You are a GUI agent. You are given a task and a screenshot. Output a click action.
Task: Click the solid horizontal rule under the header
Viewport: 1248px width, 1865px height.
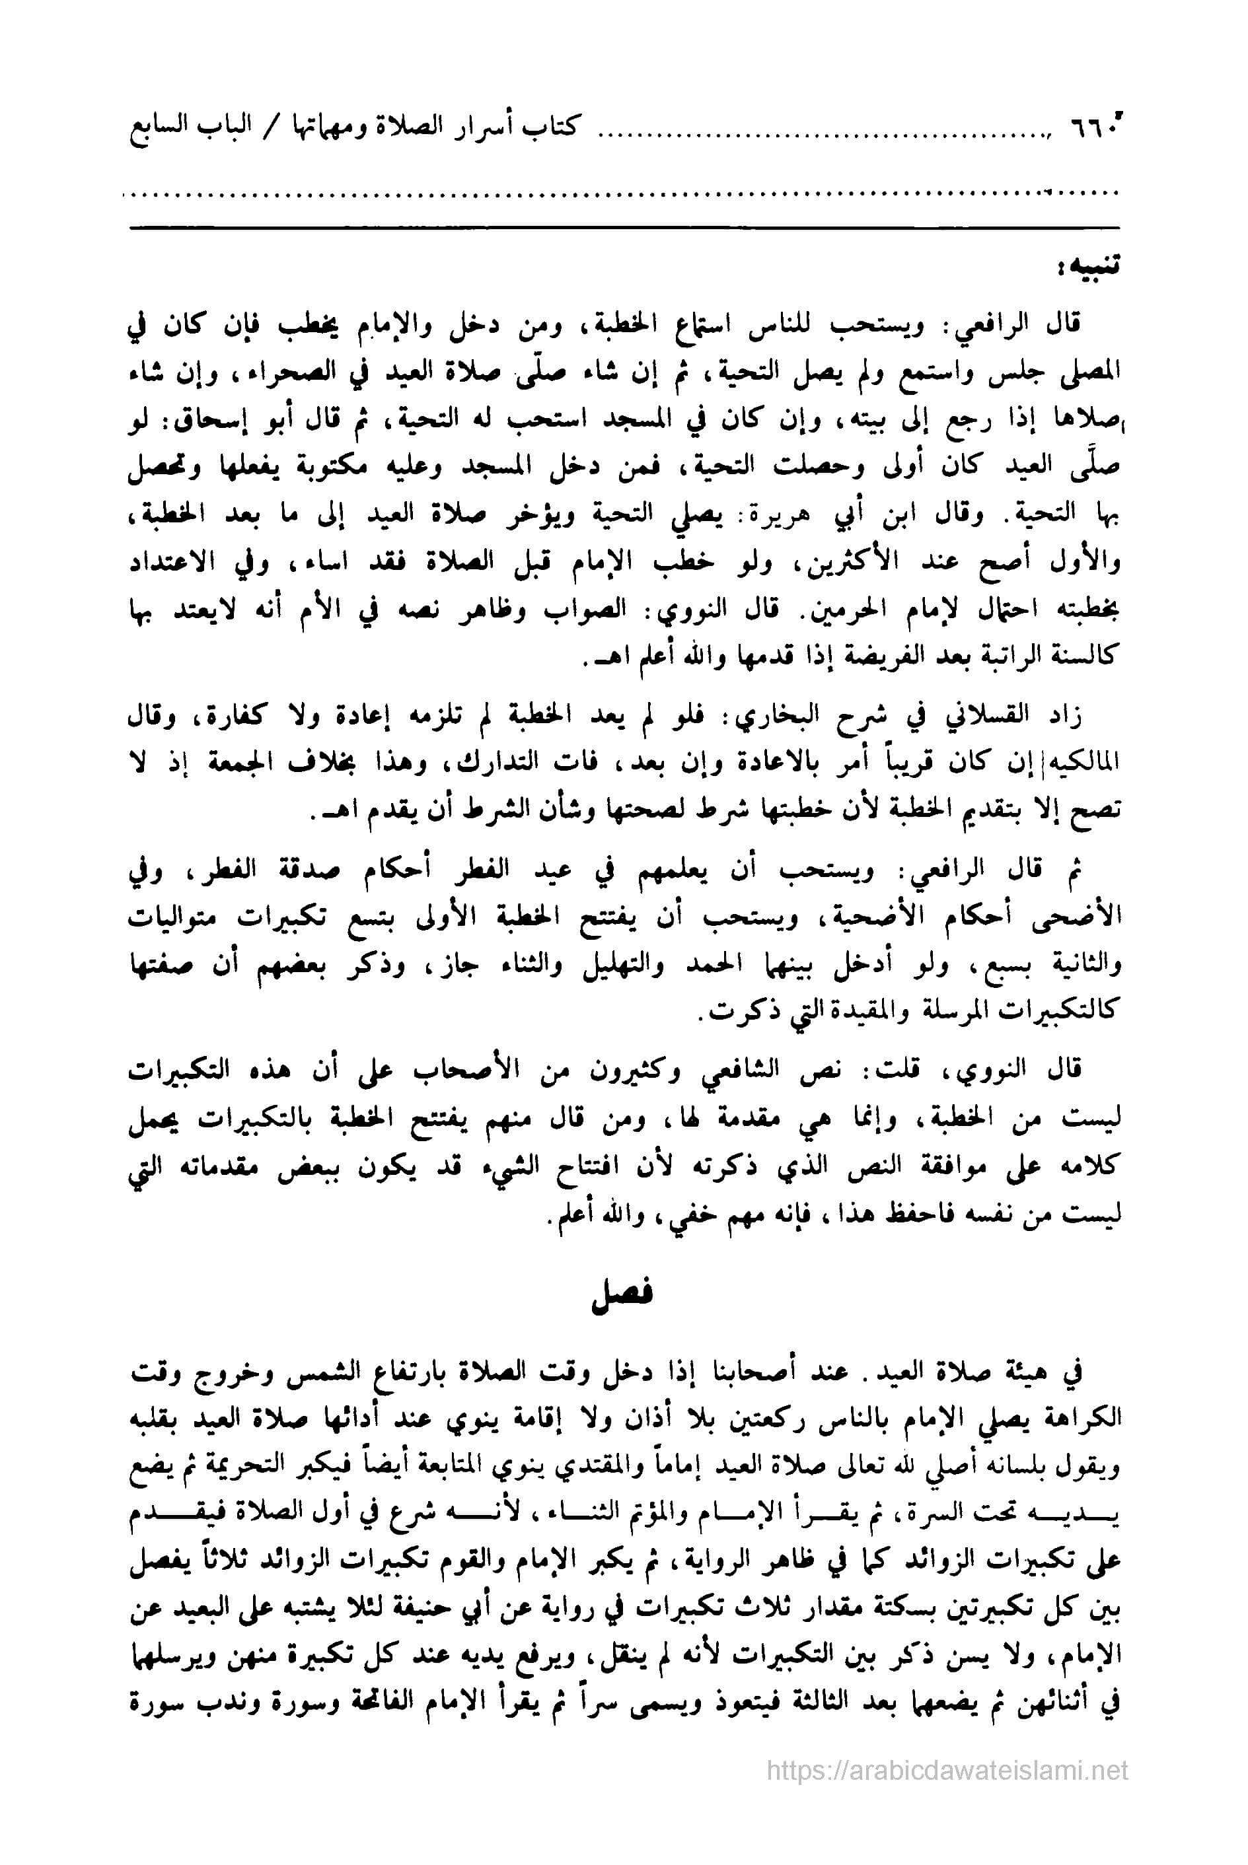(x=623, y=229)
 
